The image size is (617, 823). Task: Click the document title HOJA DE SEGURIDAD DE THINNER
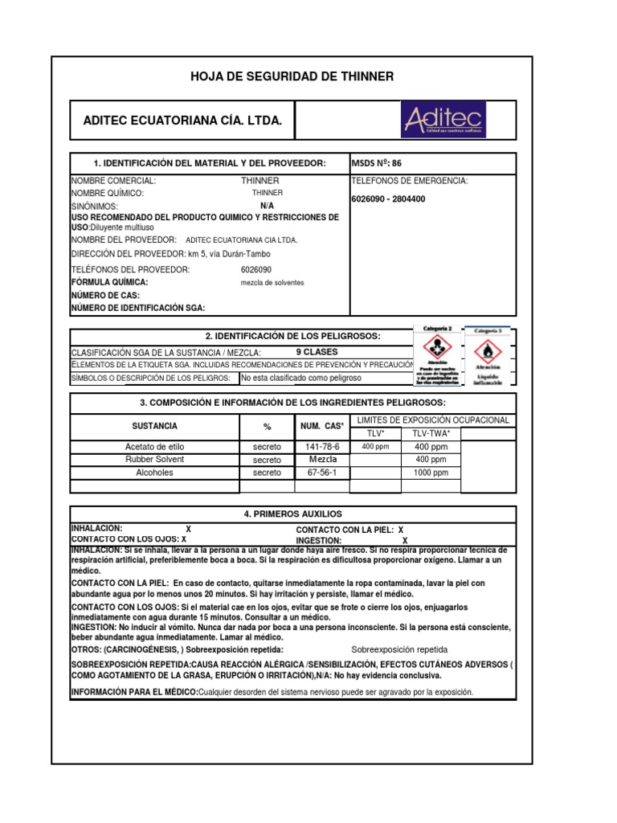(292, 76)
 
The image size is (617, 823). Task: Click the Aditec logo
(454, 120)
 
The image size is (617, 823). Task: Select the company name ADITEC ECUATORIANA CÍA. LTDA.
(183, 121)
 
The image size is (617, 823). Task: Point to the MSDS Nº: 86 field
(377, 163)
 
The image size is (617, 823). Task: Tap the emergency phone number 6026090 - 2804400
(389, 199)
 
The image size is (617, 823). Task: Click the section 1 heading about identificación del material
(209, 163)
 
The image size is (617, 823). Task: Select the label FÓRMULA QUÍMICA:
(109, 282)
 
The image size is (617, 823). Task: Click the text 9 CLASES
(317, 352)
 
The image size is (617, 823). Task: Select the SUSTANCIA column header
(155, 426)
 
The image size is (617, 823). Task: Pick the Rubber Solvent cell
(155, 460)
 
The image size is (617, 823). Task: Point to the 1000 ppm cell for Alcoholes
(431, 473)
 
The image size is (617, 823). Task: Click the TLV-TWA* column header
(431, 433)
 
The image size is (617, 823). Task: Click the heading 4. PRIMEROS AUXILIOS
(292, 514)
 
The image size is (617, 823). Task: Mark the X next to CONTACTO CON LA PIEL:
(400, 530)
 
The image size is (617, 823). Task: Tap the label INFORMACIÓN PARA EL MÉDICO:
(134, 692)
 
